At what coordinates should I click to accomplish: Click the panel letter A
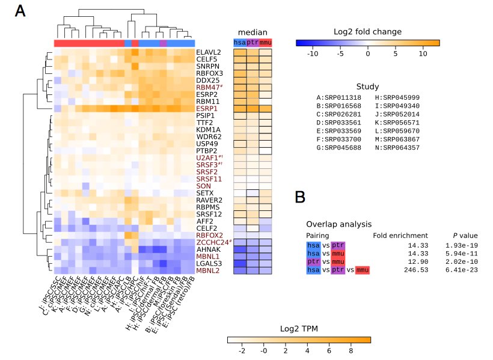(20, 11)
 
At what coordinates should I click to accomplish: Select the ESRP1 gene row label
(207, 108)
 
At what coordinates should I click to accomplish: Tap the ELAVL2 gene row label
(209, 52)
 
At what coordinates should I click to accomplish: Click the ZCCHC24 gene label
(211, 242)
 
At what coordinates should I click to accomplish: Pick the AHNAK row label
(207, 249)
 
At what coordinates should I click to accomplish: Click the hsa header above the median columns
(240, 43)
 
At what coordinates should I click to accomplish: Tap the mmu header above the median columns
(265, 43)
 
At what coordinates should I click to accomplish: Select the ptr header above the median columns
(253, 43)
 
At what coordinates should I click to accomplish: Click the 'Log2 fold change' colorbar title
(367, 32)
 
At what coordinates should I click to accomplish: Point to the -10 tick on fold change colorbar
(313, 53)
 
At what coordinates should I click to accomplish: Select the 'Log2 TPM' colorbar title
(299, 329)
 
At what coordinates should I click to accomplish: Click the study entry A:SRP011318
(340, 97)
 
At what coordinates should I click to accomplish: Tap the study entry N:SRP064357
(399, 148)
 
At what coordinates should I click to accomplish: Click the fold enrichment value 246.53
(415, 271)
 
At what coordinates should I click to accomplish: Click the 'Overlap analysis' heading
(338, 224)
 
